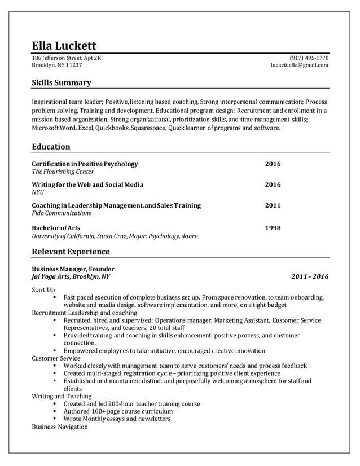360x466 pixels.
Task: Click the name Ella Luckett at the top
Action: tap(64, 45)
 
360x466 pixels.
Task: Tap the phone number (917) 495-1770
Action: tap(309, 58)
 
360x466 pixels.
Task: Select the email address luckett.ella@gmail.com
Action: tap(300, 65)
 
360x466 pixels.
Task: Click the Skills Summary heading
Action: tap(61, 83)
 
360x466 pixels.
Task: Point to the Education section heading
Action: tap(51, 147)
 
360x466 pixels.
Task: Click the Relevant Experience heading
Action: tap(71, 251)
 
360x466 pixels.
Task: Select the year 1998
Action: tap(273, 228)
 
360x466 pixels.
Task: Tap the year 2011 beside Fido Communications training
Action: tap(273, 205)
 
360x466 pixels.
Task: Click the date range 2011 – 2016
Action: tap(310, 277)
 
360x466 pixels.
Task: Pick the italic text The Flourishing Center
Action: tap(63, 172)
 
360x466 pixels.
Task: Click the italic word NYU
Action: tap(38, 192)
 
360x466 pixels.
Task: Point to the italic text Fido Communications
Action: tap(62, 213)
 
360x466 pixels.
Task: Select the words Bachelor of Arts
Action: tap(56, 228)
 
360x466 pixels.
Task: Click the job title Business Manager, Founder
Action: tap(73, 269)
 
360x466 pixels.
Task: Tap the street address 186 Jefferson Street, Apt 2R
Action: tap(67, 58)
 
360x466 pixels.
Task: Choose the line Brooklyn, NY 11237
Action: tap(56, 65)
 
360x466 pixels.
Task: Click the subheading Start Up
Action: tap(43, 289)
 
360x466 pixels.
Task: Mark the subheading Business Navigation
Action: tap(60, 427)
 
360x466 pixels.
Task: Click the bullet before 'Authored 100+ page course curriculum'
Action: tap(55, 412)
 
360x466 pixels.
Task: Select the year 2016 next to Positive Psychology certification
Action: tap(273, 164)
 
